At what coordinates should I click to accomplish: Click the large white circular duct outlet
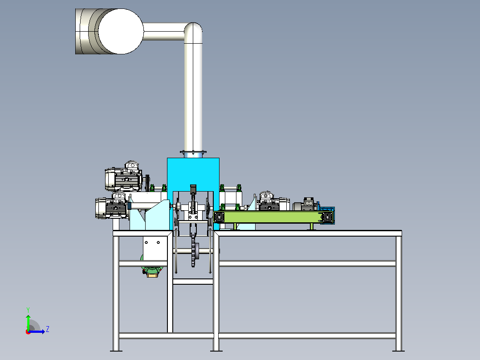(121, 31)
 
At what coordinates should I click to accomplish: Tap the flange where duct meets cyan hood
(193, 152)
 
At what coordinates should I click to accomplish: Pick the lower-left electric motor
(112, 206)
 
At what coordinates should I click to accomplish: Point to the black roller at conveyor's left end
(219, 217)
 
